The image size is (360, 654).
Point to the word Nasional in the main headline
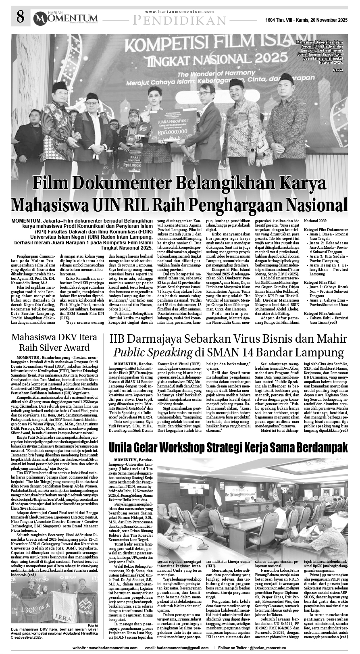tap(314, 203)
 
